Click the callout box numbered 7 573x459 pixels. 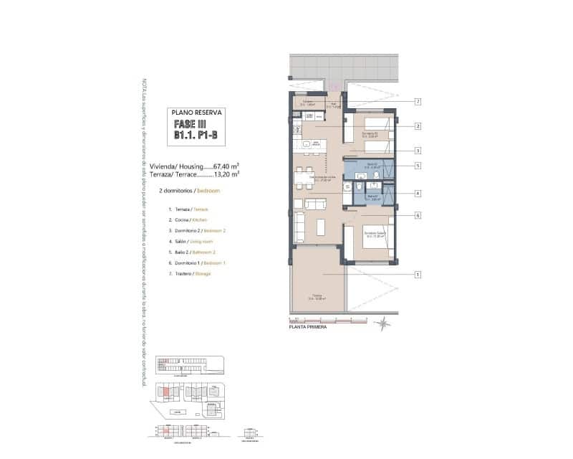416,102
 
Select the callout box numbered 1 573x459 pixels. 416,274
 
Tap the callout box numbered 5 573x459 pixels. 416,166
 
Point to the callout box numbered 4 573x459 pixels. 416,193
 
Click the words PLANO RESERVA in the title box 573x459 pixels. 197,113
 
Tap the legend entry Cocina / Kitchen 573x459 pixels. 188,219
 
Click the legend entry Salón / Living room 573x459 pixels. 192,241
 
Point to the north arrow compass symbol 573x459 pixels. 384,323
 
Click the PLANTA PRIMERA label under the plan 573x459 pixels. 307,326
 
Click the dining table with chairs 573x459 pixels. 304,177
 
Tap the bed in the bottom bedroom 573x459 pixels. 373,242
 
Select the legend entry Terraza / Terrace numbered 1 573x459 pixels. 188,209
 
